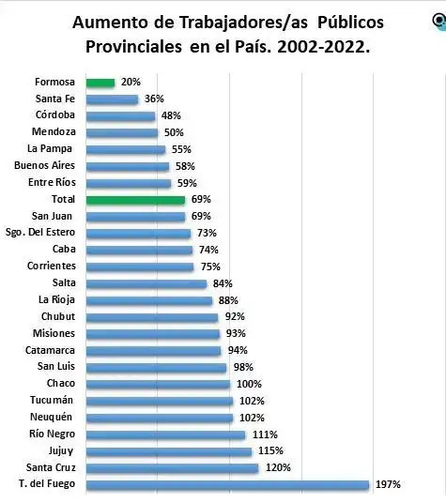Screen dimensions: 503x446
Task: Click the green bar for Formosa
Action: coord(100,83)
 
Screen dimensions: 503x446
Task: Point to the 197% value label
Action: coord(389,484)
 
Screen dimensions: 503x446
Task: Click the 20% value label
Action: coord(130,83)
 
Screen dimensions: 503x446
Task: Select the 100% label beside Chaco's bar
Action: coord(249,384)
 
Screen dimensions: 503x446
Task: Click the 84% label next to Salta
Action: coord(223,283)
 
